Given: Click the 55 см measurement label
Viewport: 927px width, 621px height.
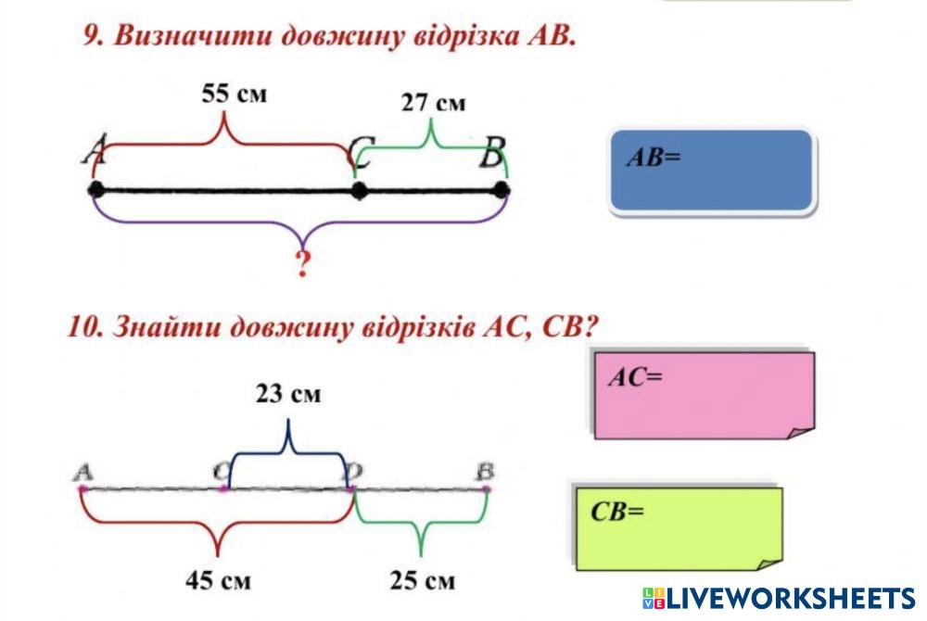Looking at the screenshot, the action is click(x=235, y=95).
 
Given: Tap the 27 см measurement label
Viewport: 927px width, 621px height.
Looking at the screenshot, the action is click(x=433, y=103).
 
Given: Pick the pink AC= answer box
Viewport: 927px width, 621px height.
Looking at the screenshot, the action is click(x=704, y=395).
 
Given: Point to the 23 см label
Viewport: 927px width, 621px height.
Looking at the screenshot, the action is click(x=288, y=394).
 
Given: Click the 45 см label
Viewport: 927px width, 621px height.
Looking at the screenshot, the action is click(x=219, y=581).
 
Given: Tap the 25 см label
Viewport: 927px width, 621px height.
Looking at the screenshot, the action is click(x=423, y=581).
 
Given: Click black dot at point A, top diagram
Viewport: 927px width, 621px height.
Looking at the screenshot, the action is click(x=95, y=190).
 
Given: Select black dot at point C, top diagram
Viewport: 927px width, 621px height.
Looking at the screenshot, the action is click(x=360, y=191).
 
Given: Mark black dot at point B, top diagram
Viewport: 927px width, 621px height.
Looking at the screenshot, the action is click(x=502, y=190).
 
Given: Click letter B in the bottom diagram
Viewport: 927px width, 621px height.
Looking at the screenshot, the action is click(x=485, y=472).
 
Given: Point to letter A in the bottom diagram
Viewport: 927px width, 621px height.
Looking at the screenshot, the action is click(x=83, y=472).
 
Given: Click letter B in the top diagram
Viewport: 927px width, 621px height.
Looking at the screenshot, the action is click(x=491, y=155).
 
